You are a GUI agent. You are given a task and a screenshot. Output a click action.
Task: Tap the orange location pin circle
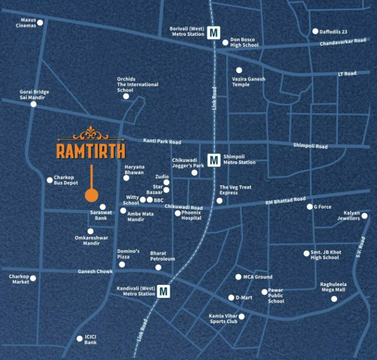(92, 195)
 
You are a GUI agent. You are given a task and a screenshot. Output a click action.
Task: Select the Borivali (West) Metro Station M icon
(213, 32)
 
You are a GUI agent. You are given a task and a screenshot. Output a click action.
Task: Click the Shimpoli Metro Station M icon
(214, 159)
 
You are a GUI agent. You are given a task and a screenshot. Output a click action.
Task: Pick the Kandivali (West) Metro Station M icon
(164, 291)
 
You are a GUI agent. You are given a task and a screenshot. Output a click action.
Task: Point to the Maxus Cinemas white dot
(40, 23)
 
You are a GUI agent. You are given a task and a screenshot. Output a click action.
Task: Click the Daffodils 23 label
(333, 31)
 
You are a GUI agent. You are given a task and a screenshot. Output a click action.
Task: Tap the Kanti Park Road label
(162, 142)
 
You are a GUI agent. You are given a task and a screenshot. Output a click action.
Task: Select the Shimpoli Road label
(310, 146)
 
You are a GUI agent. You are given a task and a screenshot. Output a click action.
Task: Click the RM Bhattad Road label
(285, 200)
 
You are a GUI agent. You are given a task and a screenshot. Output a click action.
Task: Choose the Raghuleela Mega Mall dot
(334, 299)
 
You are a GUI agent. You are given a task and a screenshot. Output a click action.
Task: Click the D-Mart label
(244, 298)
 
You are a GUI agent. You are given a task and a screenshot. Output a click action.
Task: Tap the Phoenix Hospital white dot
(178, 213)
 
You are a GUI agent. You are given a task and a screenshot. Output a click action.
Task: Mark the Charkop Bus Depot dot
(50, 180)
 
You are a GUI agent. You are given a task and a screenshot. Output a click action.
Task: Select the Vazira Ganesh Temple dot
(239, 70)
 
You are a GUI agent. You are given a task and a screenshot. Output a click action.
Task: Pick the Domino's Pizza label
(128, 254)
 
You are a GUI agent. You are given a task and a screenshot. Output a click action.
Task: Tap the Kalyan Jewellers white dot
(364, 215)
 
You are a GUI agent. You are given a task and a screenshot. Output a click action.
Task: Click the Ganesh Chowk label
(95, 271)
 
